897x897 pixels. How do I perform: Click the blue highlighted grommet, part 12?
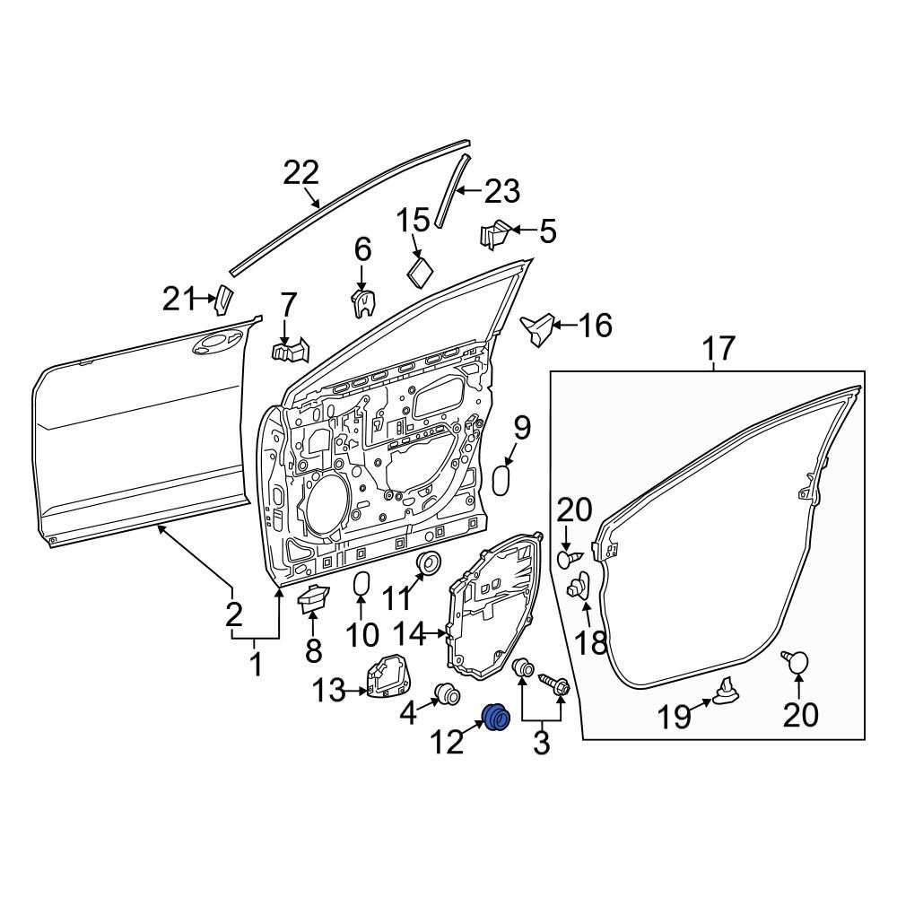[x=495, y=717]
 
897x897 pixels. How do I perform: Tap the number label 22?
[x=301, y=172]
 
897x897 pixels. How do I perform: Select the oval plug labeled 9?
[x=503, y=479]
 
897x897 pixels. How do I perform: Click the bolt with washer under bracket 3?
[x=556, y=686]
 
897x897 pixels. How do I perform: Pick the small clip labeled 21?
[x=222, y=299]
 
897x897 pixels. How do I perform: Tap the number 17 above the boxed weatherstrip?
[x=718, y=348]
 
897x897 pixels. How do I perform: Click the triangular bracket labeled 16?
[x=538, y=328]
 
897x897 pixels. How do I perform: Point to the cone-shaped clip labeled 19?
[x=726, y=690]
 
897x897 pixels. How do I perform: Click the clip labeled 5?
[x=497, y=235]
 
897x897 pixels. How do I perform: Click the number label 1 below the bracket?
[x=256, y=665]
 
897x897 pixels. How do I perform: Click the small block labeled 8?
[x=313, y=597]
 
